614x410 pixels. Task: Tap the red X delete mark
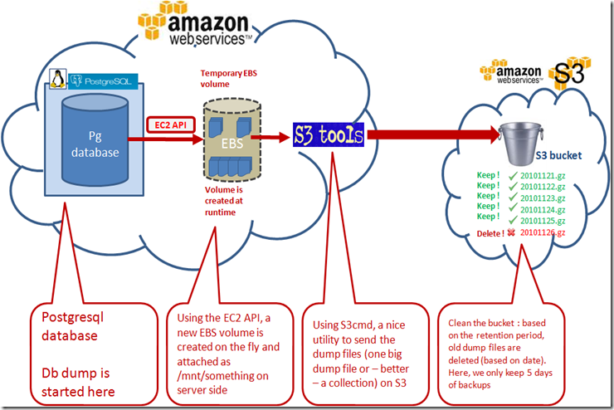(511, 233)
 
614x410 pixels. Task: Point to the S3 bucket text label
(558, 155)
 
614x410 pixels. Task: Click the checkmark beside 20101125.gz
(511, 220)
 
